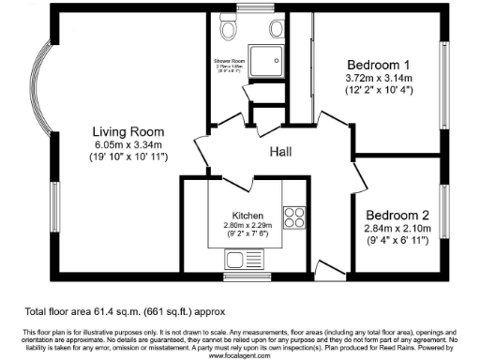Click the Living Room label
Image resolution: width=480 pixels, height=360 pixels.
click(x=128, y=131)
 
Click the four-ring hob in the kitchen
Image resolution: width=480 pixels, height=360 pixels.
click(x=293, y=217)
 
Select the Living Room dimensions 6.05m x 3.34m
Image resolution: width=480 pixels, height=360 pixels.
click(x=128, y=145)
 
